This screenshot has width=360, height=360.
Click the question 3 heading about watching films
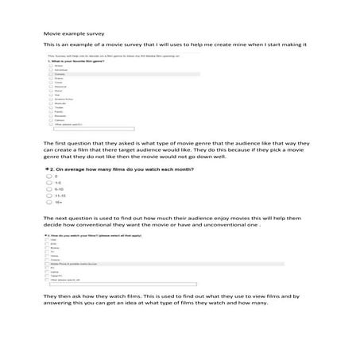pos(95,236)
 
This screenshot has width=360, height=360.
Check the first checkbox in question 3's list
pos(48,242)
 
